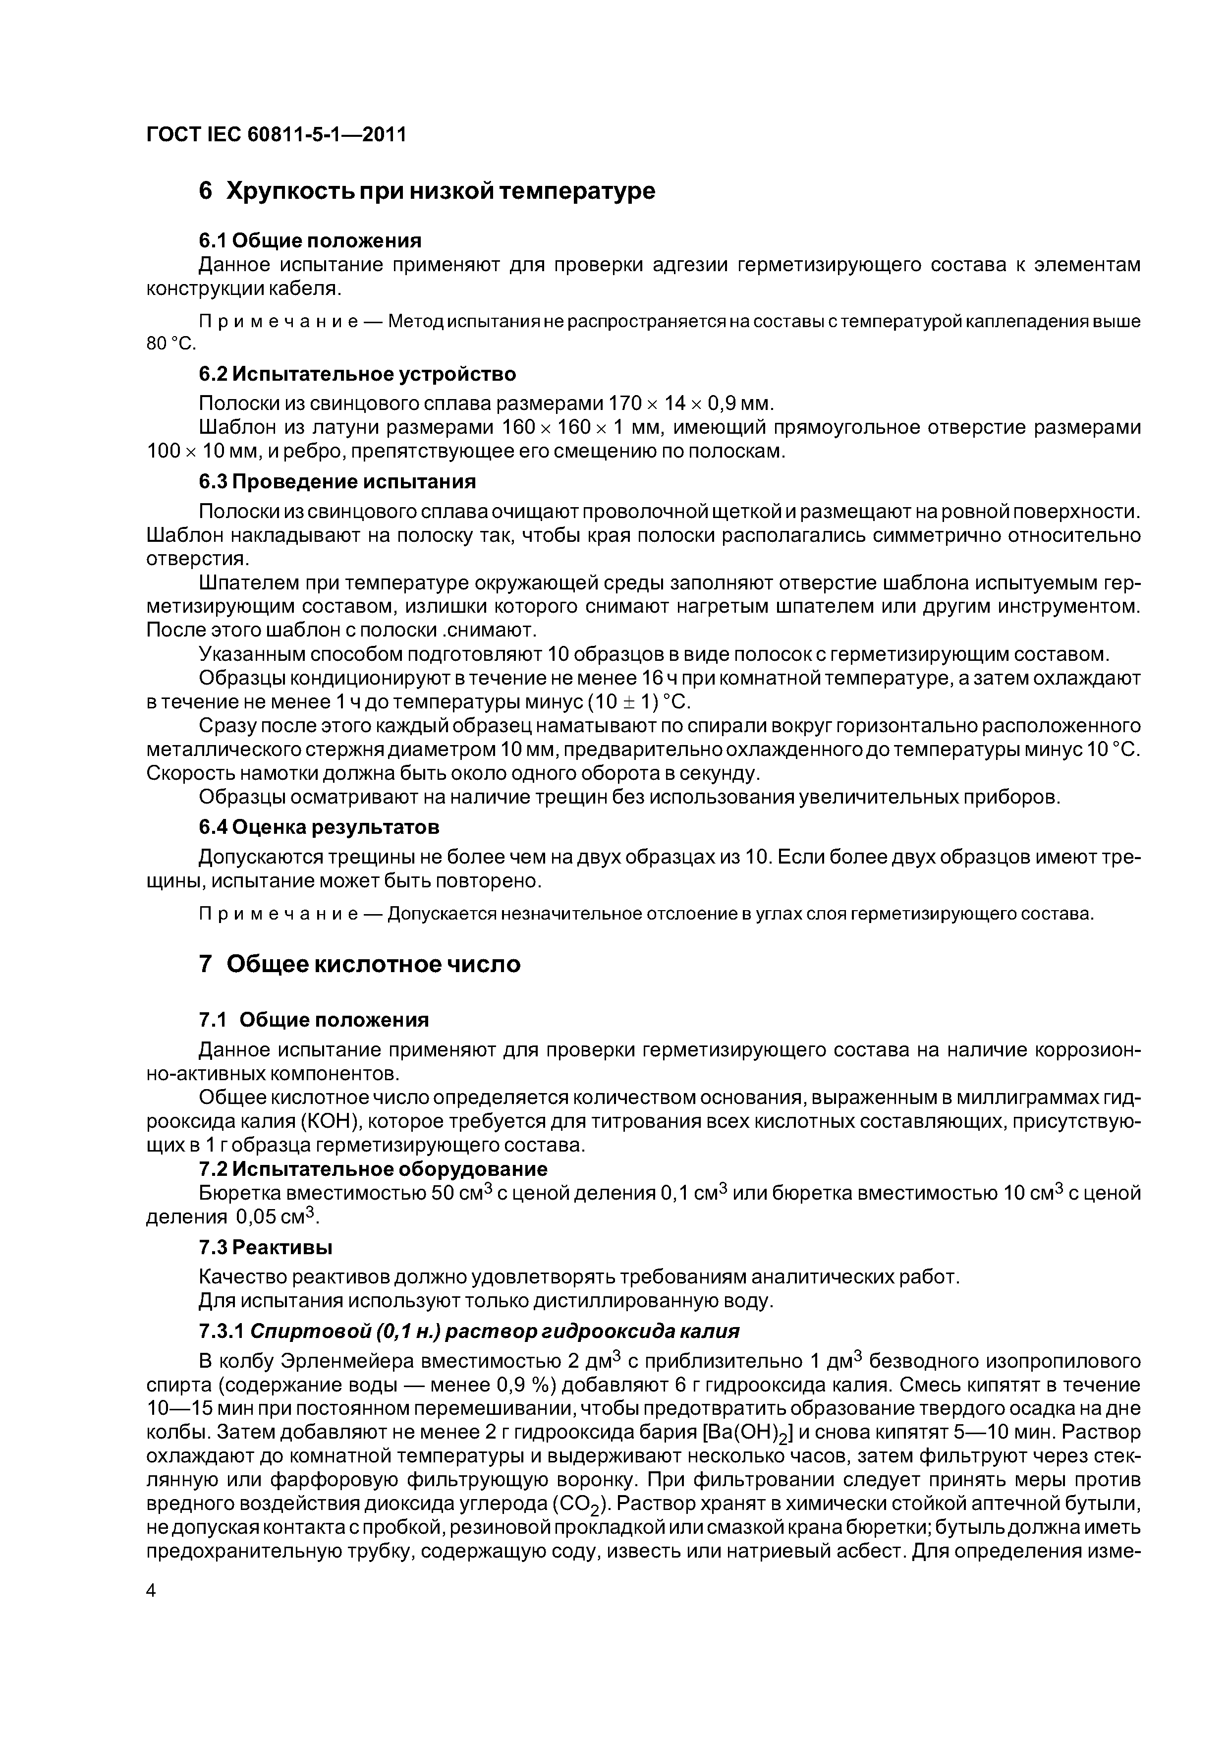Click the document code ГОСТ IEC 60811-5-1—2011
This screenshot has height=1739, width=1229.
[277, 135]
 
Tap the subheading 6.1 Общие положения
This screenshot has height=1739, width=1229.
[310, 241]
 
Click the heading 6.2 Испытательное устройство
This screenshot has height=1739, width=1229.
[357, 374]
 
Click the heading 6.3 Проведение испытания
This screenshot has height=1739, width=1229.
[337, 482]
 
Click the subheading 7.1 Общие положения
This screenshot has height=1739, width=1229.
[314, 1020]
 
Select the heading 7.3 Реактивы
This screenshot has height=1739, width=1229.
[266, 1247]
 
